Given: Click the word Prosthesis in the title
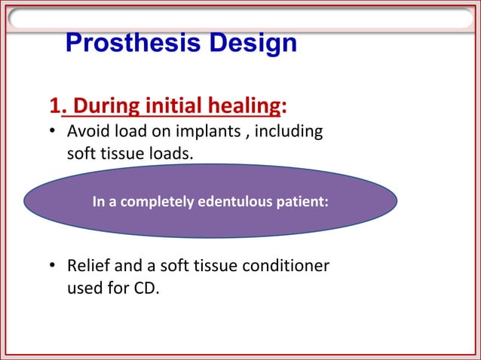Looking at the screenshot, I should click(x=121, y=44).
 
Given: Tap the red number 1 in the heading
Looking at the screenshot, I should click(x=54, y=104).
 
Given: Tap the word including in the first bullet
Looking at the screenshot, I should click(x=287, y=133).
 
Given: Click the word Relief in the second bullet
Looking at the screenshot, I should click(x=88, y=267).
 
